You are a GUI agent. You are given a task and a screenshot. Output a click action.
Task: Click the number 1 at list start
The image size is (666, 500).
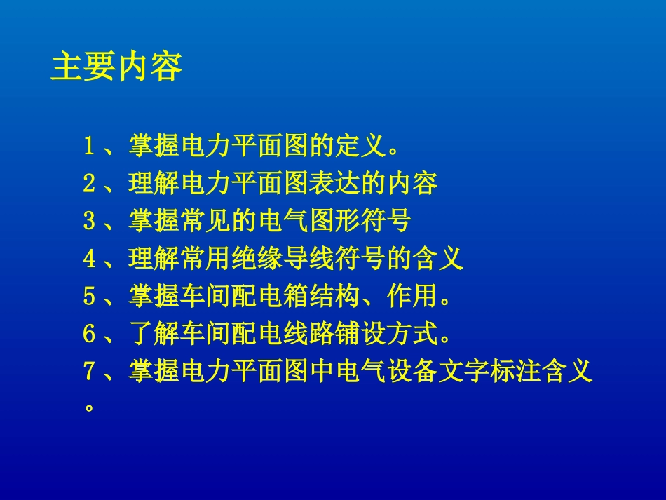coord(89,147)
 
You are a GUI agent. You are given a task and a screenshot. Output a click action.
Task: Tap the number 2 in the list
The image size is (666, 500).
coord(89,184)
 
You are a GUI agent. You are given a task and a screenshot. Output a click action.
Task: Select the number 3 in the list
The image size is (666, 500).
coord(89,222)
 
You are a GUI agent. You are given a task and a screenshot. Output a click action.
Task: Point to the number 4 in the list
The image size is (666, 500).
coord(89,259)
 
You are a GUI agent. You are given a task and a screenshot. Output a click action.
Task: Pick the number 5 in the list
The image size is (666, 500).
coord(89,297)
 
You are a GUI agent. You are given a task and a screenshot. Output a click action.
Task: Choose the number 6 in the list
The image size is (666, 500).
coord(89,334)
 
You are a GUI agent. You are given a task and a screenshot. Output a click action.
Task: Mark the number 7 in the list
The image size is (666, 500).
coord(89,371)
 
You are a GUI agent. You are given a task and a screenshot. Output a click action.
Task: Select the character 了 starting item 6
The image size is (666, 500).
coord(141,334)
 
